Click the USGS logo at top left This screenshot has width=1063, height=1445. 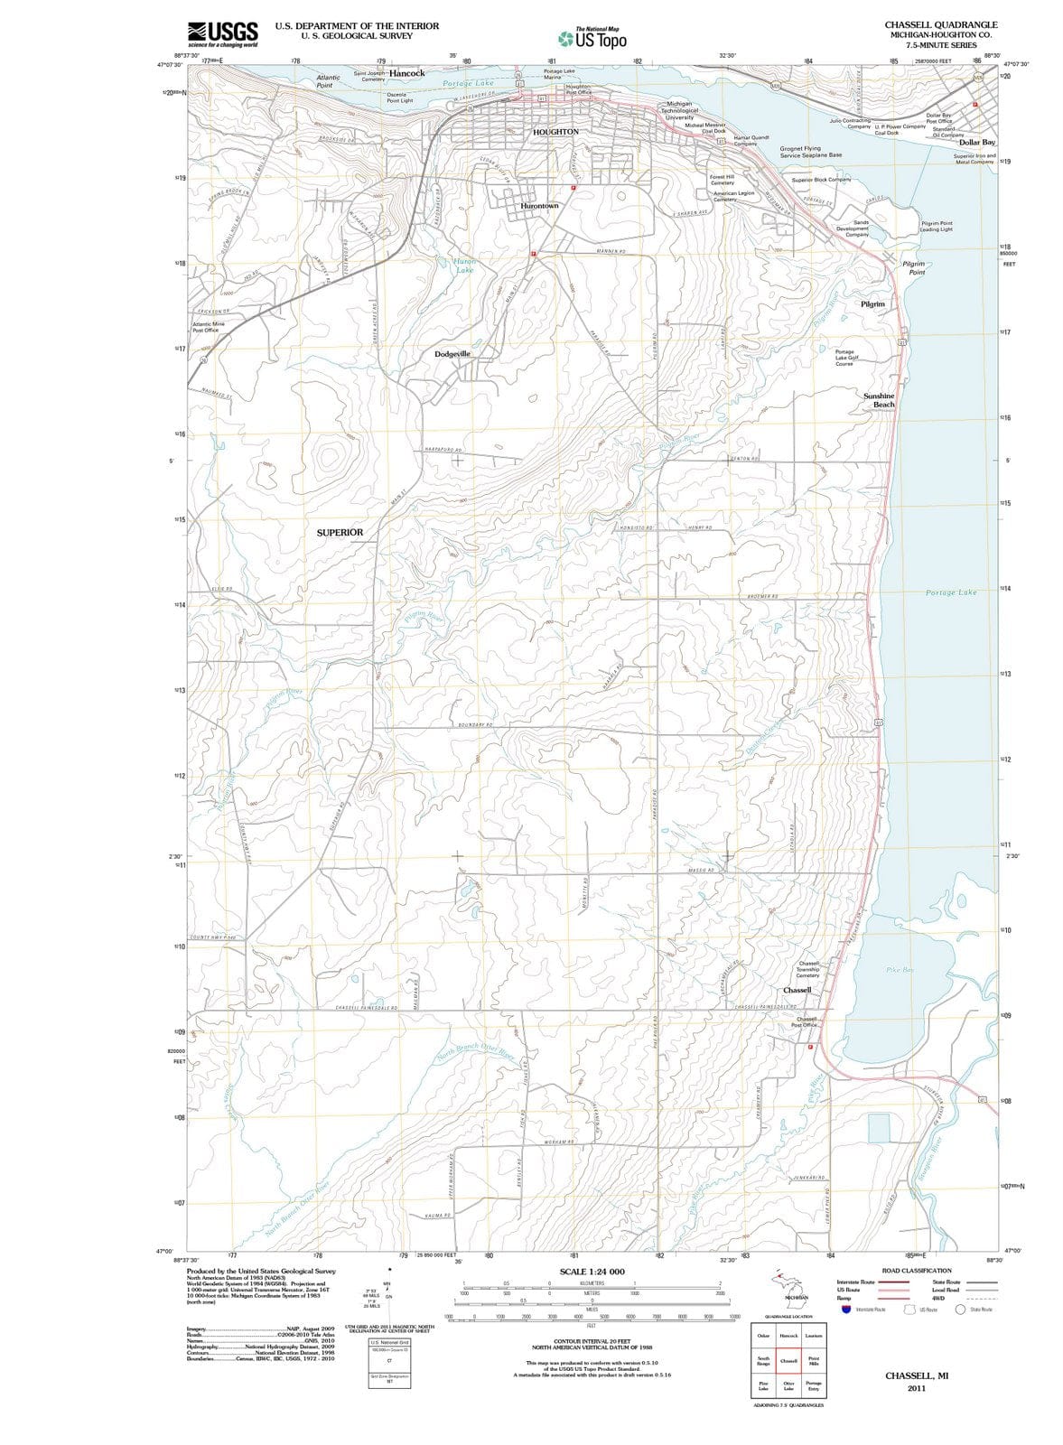tap(222, 34)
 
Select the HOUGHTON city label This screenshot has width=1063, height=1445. tap(555, 132)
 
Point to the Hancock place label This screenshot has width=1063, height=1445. tap(406, 73)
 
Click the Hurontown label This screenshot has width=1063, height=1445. tap(540, 206)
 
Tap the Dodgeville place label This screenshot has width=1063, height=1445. tap(452, 354)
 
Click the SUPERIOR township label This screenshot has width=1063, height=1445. tap(340, 533)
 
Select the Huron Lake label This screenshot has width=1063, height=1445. tap(464, 266)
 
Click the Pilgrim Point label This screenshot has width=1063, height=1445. tap(916, 267)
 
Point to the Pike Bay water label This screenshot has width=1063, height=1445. tap(900, 970)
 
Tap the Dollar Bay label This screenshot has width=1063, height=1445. tap(976, 143)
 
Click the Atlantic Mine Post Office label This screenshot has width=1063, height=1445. tap(208, 327)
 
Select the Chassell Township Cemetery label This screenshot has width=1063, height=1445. tap(808, 969)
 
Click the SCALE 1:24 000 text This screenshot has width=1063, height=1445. tap(592, 1272)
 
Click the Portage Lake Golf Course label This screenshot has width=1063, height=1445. tap(844, 358)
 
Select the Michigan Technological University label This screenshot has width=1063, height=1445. tap(679, 110)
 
